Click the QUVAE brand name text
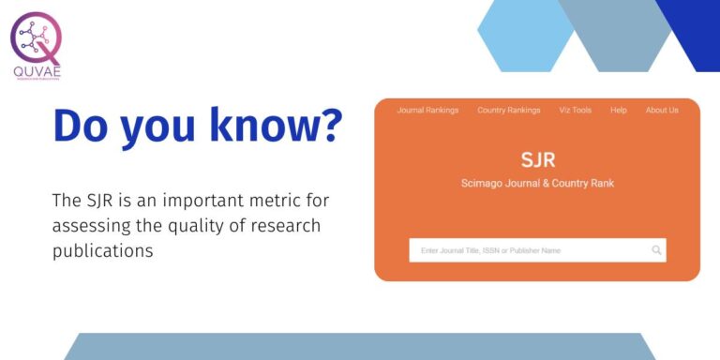pyautogui.click(x=36, y=71)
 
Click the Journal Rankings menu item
pyautogui.click(x=427, y=111)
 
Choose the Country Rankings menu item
pyautogui.click(x=508, y=111)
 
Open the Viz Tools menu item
pyautogui.click(x=575, y=111)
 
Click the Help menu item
pyautogui.click(x=618, y=111)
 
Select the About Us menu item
pyautogui.click(x=661, y=111)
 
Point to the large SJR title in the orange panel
pyautogui.click(x=537, y=159)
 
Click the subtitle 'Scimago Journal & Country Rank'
pyautogui.click(x=537, y=183)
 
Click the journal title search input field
pyautogui.click(x=525, y=250)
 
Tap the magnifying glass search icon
pyautogui.click(x=656, y=250)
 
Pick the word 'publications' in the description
pyautogui.click(x=101, y=250)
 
